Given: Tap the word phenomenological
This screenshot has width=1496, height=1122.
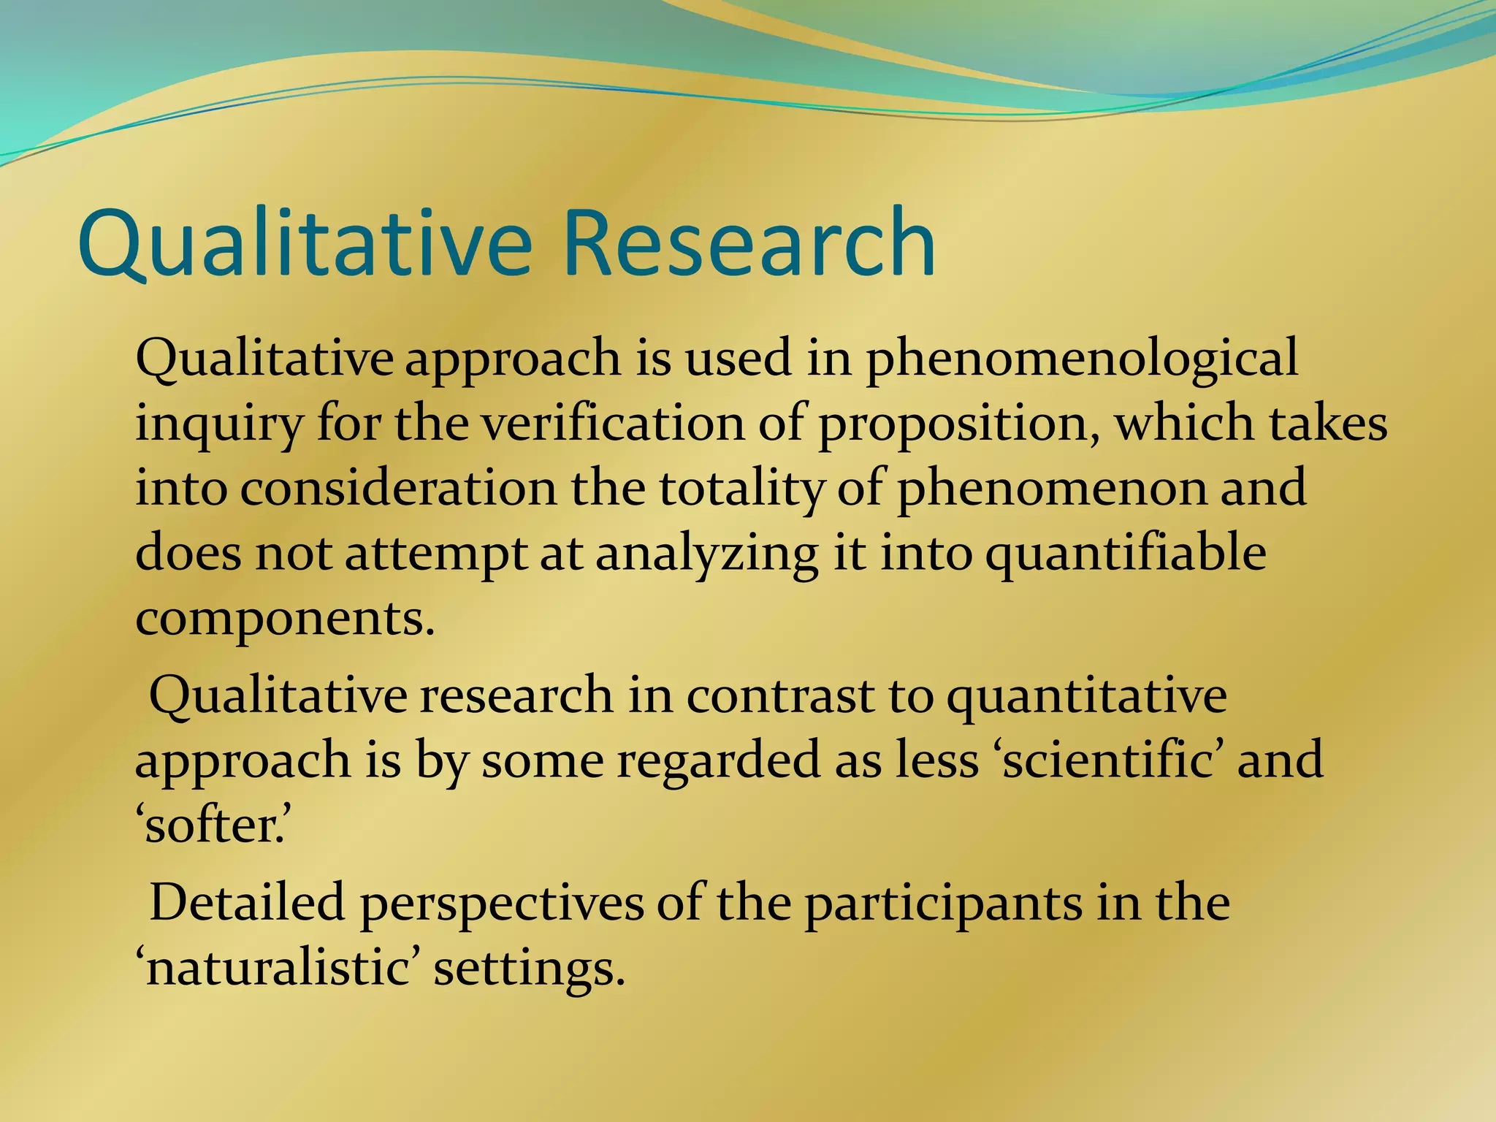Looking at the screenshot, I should click(1082, 359).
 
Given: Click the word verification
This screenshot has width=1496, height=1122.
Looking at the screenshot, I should click(612, 424).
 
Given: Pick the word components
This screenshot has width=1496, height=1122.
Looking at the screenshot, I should click(285, 619).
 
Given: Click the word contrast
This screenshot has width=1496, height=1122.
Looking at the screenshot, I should click(779, 695).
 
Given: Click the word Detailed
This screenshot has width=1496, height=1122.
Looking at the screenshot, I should click(247, 903).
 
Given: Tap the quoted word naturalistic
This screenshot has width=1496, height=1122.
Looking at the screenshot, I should click(278, 969).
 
